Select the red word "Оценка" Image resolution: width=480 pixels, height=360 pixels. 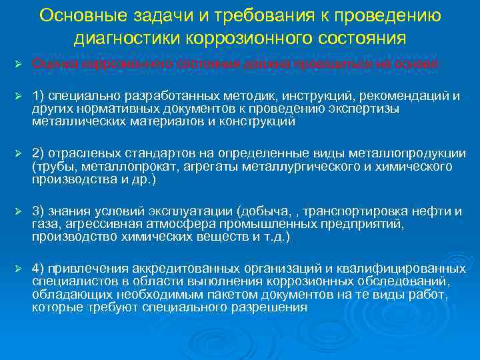coord(50,63)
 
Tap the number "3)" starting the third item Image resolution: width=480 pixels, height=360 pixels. coord(38,211)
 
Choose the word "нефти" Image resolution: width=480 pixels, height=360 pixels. coord(436,211)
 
